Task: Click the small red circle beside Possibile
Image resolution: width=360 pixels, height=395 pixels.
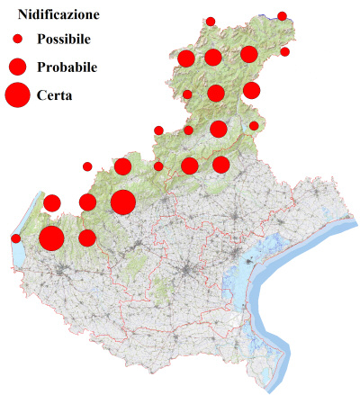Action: [x=17, y=40]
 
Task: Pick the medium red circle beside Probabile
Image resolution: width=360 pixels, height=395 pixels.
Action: [x=17, y=67]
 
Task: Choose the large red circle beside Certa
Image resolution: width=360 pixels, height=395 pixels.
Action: [x=17, y=94]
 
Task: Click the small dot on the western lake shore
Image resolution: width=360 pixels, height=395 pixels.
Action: [x=16, y=238]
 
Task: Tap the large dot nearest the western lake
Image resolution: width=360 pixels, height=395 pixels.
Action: [x=51, y=238]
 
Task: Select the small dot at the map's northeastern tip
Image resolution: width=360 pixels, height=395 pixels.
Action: [x=282, y=16]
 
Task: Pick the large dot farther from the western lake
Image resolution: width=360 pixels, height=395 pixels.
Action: [x=123, y=202]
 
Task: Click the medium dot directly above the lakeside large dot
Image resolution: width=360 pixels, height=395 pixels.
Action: [x=52, y=202]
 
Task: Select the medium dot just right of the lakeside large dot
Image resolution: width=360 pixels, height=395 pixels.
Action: [x=87, y=238]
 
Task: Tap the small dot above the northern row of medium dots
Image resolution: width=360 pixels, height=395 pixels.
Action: [x=211, y=22]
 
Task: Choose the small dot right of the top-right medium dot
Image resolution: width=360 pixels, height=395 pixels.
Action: [x=284, y=52]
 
